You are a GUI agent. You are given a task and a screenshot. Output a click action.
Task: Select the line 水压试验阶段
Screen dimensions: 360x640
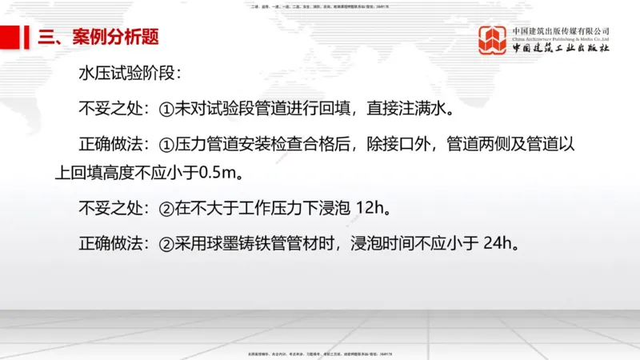click(x=130, y=74)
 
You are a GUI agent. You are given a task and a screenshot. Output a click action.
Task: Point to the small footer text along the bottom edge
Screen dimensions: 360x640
click(x=320, y=353)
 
